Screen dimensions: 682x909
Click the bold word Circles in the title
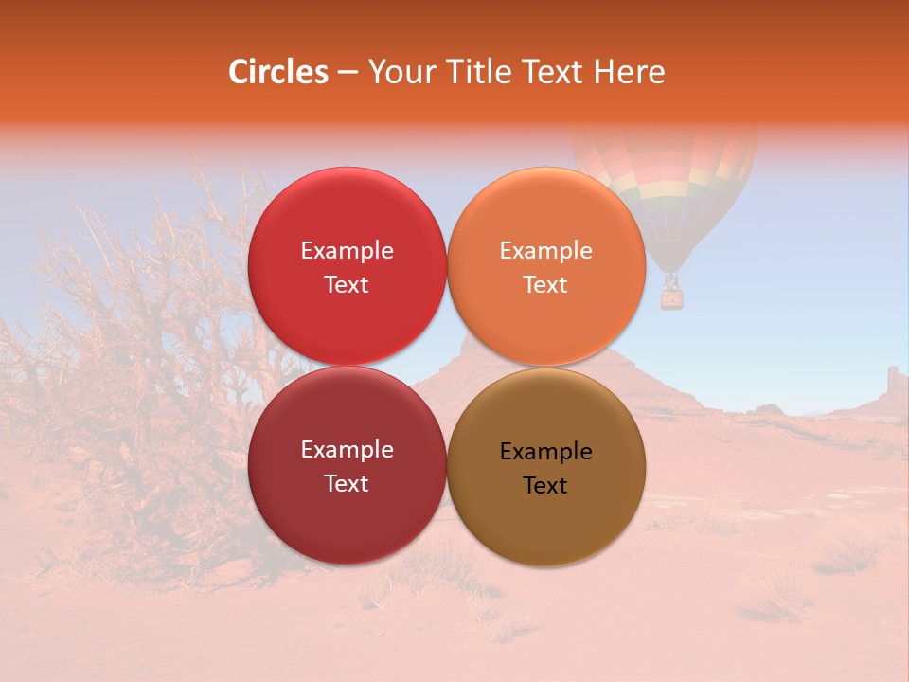click(278, 72)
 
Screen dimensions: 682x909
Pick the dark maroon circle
click(347, 511)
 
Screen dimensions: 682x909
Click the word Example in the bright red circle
click(347, 251)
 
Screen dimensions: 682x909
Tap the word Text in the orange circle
click(545, 285)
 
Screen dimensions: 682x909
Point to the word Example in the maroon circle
click(347, 450)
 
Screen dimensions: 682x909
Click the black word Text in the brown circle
click(545, 486)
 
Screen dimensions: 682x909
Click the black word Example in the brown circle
click(545, 452)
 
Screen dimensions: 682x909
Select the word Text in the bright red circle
click(347, 285)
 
